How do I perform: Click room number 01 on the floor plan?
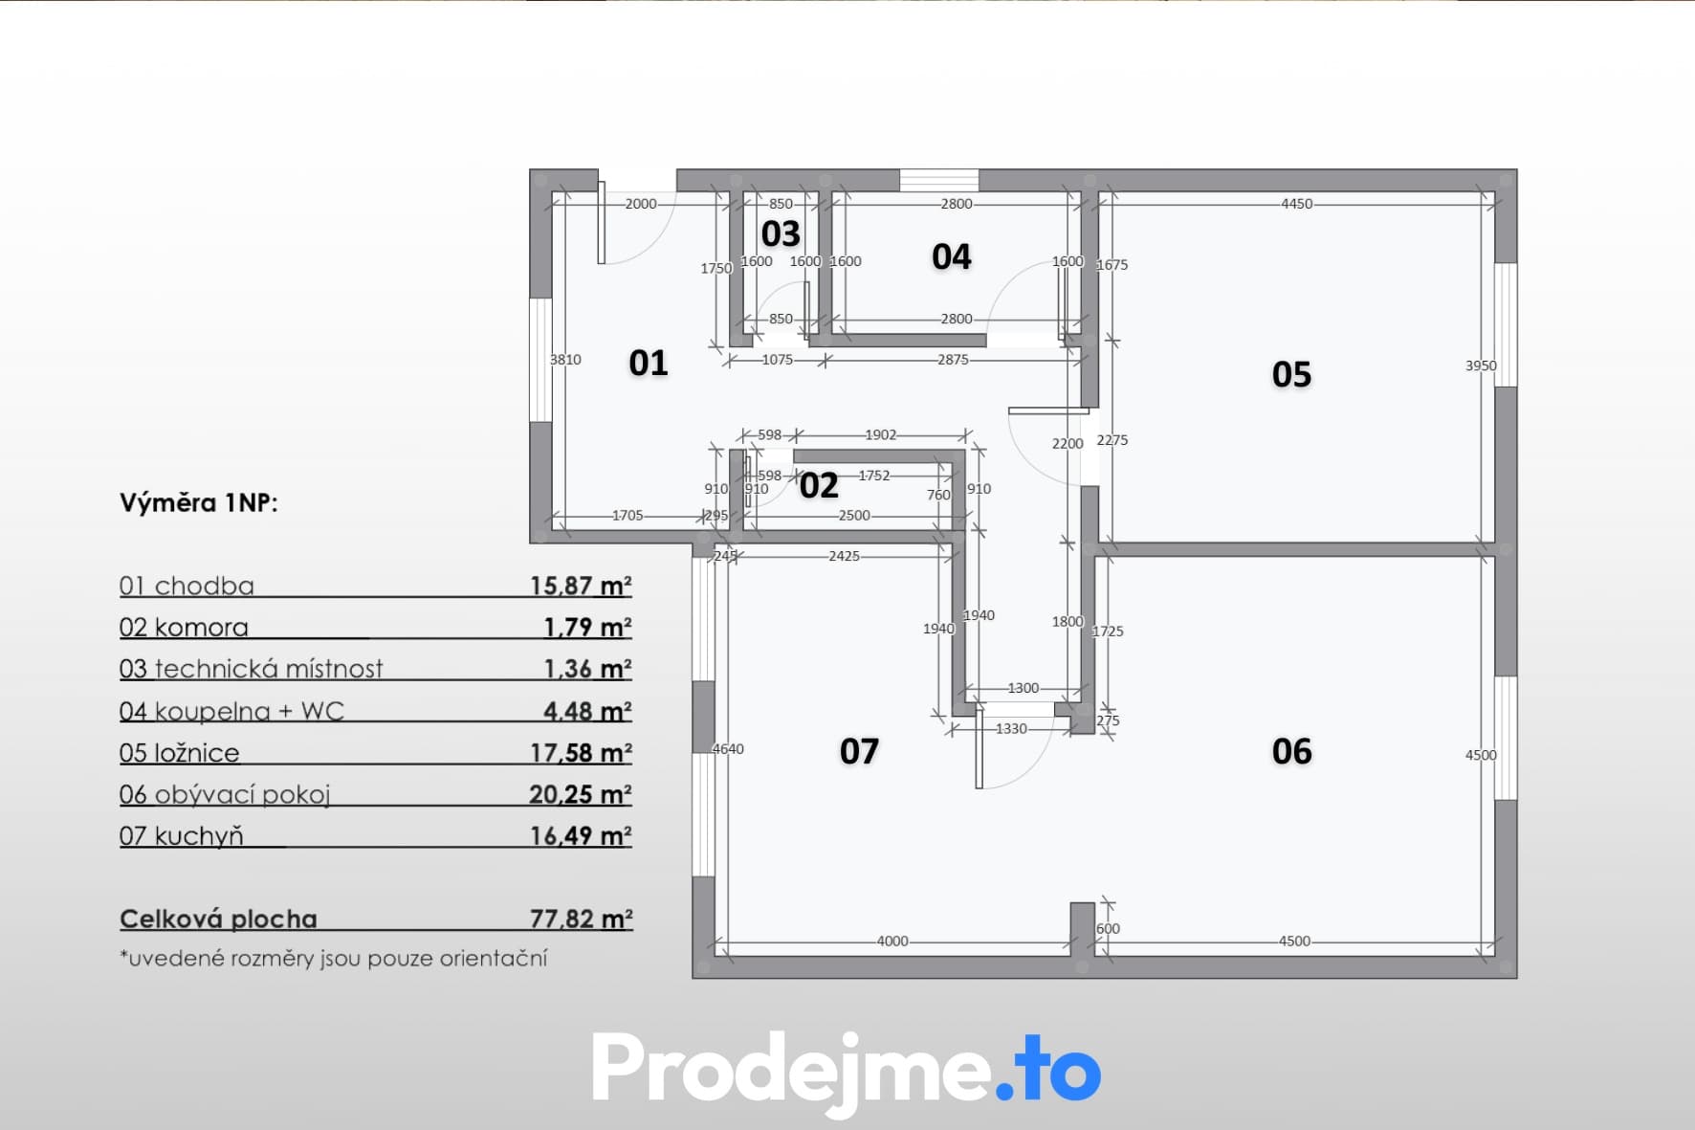[648, 364]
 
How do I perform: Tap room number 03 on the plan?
[781, 234]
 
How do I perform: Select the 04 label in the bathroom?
[951, 257]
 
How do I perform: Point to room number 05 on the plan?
[1291, 374]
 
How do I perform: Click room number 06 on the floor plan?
[1291, 752]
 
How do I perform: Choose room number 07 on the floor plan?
[859, 752]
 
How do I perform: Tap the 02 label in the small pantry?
[819, 486]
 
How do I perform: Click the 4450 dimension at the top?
[1297, 204]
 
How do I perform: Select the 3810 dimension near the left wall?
[565, 360]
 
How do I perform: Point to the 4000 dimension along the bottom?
[892, 942]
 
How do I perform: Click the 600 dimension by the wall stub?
[1108, 929]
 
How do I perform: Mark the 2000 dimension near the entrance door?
[641, 204]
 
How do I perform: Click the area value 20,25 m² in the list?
[581, 794]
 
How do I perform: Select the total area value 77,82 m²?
[582, 919]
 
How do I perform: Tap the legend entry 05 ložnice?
[180, 753]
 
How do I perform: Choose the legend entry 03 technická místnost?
[251, 669]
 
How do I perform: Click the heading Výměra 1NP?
[199, 503]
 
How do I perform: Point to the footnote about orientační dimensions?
[334, 959]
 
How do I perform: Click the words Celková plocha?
[218, 920]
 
